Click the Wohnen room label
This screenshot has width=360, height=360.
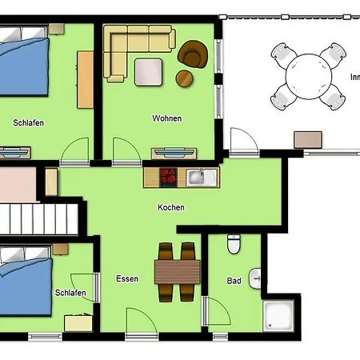pos(166,118)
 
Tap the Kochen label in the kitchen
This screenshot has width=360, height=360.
pos(171,207)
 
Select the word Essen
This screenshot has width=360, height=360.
pos(127,279)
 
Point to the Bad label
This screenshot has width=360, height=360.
pos(234,281)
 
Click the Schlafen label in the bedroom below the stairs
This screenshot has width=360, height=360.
pos(70,293)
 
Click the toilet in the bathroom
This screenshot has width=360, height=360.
pos(234,244)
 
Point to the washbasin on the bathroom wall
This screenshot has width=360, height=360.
pos(255,278)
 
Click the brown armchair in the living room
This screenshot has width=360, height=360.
pos(193,54)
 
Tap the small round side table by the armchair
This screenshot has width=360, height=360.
pos(185,78)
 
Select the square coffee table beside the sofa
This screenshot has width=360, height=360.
pos(147,71)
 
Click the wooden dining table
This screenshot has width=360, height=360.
pos(176,273)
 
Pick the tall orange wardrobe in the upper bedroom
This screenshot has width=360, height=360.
pos(84,80)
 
